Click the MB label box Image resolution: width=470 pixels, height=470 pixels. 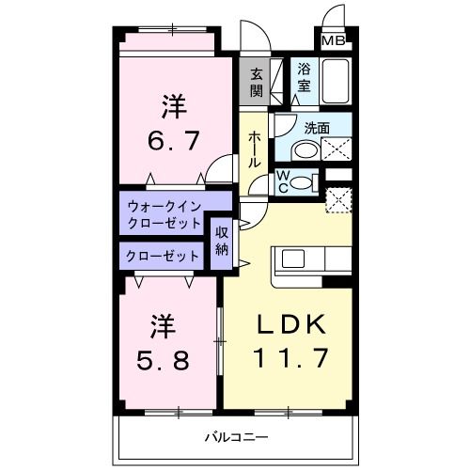(x=333, y=41)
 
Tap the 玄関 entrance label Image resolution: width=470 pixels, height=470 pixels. (x=257, y=81)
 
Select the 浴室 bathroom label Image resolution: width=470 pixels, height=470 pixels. (x=305, y=76)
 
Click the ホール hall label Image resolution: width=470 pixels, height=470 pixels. (x=254, y=149)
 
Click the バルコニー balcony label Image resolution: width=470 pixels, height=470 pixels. (x=237, y=438)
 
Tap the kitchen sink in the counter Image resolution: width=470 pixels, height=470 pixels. (x=290, y=258)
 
